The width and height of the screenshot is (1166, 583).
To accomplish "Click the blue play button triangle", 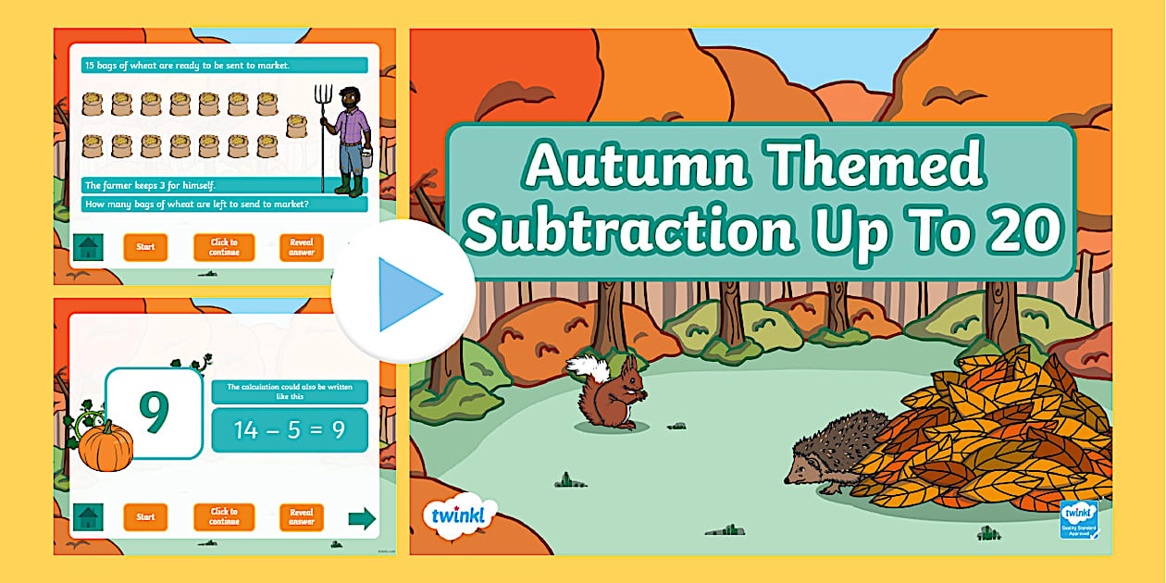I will pyautogui.click(x=407, y=294).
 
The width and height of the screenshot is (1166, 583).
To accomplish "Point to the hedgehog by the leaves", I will pyautogui.click(x=824, y=461).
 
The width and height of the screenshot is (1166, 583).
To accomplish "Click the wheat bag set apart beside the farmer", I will pyautogui.click(x=296, y=125).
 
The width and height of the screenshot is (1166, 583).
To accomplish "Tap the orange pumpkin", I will pyautogui.click(x=105, y=445).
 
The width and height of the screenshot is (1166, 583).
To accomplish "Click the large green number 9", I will pyautogui.click(x=154, y=413).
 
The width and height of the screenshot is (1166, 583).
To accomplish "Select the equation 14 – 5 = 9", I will pyautogui.click(x=289, y=430).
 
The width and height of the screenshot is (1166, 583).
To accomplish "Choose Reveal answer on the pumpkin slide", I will pyautogui.click(x=302, y=516).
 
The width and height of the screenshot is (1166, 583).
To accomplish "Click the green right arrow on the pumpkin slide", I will pyautogui.click(x=362, y=518).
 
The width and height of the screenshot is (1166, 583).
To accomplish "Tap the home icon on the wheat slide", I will pyautogui.click(x=88, y=248).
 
